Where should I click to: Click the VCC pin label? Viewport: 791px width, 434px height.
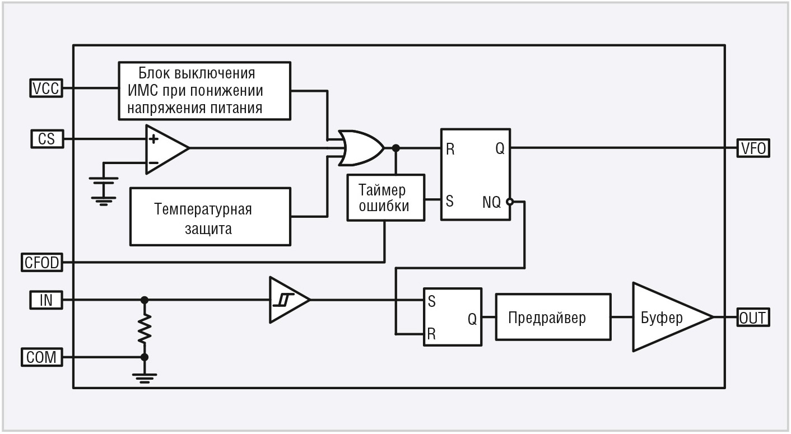(x=46, y=88)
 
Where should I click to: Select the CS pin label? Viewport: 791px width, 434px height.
(x=46, y=138)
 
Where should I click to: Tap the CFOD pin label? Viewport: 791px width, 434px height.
(x=42, y=262)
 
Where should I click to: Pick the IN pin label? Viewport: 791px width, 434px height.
(x=46, y=300)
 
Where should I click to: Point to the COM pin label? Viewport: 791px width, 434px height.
(x=42, y=357)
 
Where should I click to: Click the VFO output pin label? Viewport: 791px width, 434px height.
(x=753, y=148)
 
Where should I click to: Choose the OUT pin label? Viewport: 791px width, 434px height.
(x=753, y=318)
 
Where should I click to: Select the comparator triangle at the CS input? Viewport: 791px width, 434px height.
(x=165, y=148)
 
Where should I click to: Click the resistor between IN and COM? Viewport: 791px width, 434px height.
(x=145, y=328)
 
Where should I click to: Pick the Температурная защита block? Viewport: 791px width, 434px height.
(x=210, y=217)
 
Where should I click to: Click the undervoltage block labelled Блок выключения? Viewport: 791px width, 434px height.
(x=204, y=90)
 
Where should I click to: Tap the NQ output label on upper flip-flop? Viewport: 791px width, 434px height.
(x=492, y=202)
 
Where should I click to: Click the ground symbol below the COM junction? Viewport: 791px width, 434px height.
(x=145, y=377)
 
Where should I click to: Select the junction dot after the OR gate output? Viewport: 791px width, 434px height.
(x=395, y=148)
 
